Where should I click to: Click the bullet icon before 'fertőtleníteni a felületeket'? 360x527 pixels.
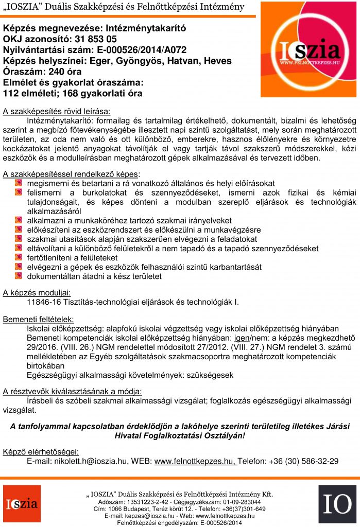pyautogui.click(x=19, y=257)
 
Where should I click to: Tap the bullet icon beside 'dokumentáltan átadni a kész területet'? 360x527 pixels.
pyautogui.click(x=19, y=276)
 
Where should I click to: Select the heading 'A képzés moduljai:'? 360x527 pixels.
pyautogui.click(x=37, y=292)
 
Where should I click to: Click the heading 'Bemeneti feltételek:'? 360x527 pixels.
pyautogui.click(x=39, y=319)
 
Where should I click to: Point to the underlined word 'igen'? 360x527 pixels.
pyautogui.click(x=243, y=338)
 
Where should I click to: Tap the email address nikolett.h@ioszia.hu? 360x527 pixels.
pyautogui.click(x=92, y=461)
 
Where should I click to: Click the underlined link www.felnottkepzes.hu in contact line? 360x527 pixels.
pyautogui.click(x=195, y=461)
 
